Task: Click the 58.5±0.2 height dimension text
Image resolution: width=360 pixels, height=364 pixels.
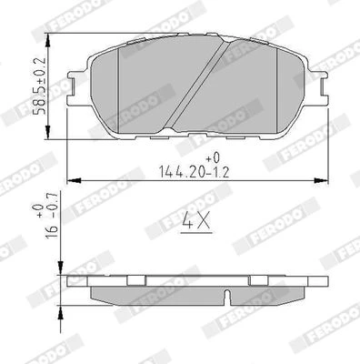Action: point(40,86)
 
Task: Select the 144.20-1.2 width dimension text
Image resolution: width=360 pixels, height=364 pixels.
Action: point(195,172)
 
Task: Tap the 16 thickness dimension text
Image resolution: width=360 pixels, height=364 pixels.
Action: point(51,232)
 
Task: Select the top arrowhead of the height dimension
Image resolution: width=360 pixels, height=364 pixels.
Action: point(47,40)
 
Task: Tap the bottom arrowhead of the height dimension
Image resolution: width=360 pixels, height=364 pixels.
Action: point(47,132)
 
